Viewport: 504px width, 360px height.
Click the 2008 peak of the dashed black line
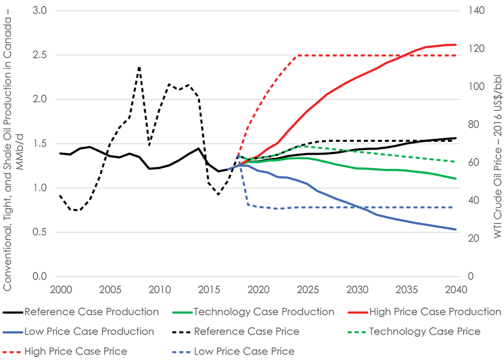(139, 67)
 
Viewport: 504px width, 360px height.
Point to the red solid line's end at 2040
(456, 45)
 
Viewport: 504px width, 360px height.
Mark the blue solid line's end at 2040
(456, 229)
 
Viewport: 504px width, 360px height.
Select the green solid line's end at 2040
(456, 179)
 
